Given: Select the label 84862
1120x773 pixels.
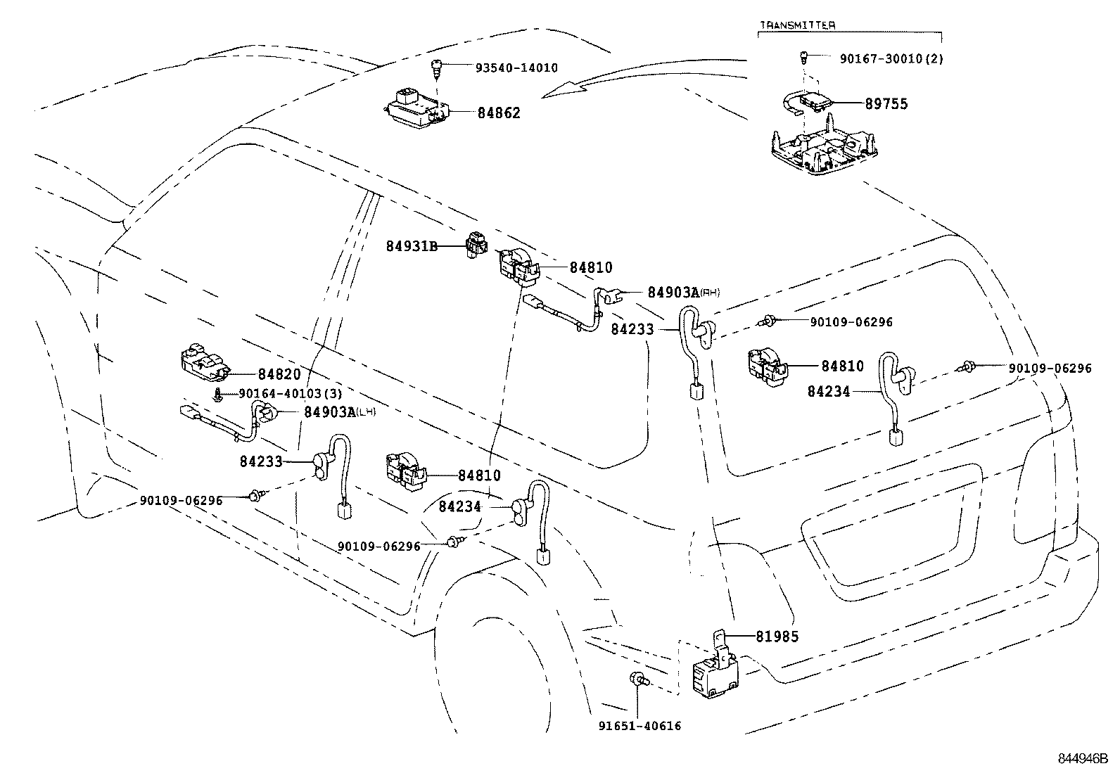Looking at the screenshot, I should (x=498, y=113).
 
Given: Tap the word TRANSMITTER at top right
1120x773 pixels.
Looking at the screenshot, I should (x=797, y=25).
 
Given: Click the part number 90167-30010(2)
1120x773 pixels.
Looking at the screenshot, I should (x=891, y=59).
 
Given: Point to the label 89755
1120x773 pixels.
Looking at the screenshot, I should (x=886, y=103).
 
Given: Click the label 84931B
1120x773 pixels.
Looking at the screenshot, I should (x=412, y=246).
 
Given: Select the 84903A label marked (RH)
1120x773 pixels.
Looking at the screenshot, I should (x=673, y=292).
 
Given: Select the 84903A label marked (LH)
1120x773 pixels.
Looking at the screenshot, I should (x=330, y=411).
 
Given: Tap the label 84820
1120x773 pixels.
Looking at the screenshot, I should (x=279, y=375).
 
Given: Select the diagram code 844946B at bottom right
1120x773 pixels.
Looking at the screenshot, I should (x=1083, y=759).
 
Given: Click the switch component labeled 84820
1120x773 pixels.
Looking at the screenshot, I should (x=204, y=362).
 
